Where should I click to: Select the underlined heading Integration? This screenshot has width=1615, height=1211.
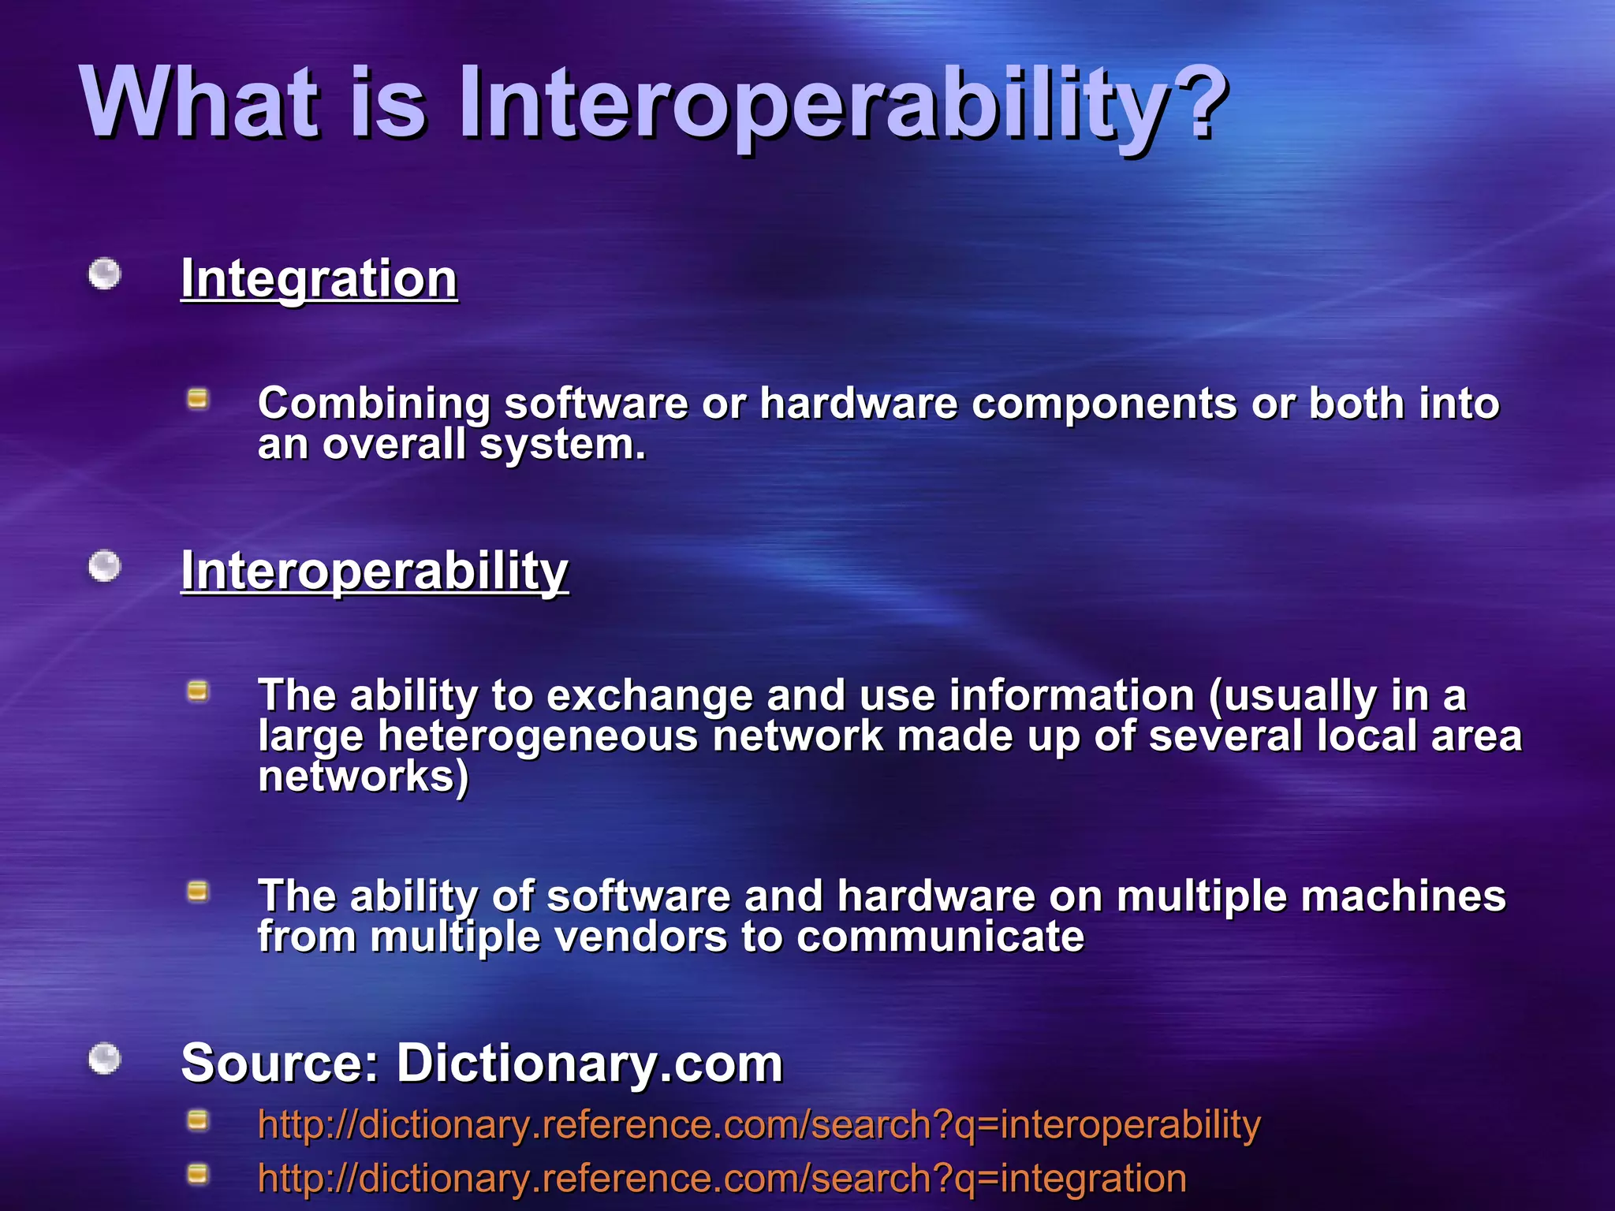click(x=319, y=279)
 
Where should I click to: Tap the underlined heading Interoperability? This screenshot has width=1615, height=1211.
click(x=375, y=571)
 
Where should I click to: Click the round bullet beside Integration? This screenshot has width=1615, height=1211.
click(x=104, y=274)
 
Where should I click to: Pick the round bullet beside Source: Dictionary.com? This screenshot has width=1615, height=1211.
click(x=104, y=1058)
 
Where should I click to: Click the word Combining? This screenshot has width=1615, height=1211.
click(x=374, y=404)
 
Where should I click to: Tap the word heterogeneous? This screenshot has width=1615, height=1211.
click(x=538, y=736)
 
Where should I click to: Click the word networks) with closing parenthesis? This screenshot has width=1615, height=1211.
click(x=364, y=777)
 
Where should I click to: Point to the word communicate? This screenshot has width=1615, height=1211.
click(x=940, y=937)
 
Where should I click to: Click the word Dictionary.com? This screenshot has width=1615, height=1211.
click(x=589, y=1063)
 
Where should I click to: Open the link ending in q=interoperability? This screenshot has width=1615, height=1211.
click(x=759, y=1124)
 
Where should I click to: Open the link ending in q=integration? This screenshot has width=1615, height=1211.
click(x=722, y=1179)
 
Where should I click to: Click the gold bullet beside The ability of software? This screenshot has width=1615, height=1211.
click(x=197, y=892)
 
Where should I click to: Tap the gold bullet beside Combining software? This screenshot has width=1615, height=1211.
click(x=197, y=399)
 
